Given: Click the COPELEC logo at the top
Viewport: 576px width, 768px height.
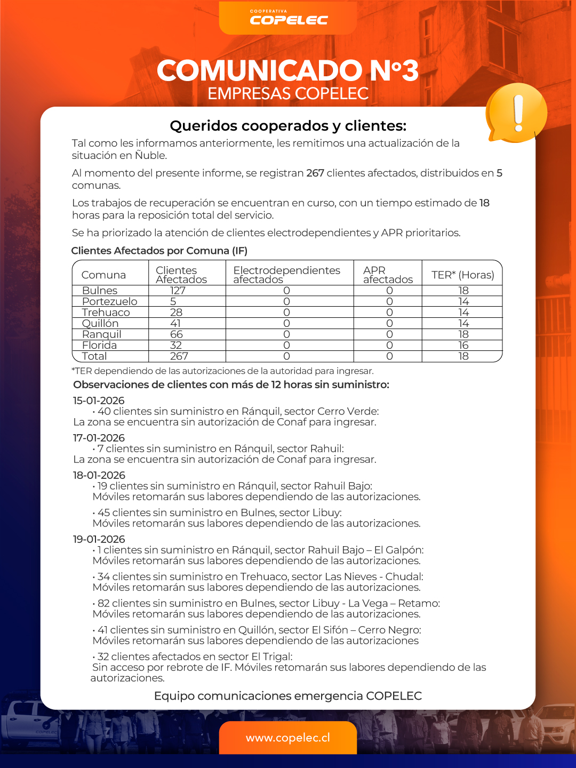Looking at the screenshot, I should click(288, 18).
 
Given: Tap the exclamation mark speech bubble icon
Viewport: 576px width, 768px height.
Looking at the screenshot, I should click(516, 113).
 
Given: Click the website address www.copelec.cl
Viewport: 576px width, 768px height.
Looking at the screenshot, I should click(288, 738).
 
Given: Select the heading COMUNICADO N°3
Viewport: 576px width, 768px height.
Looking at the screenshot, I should click(288, 70).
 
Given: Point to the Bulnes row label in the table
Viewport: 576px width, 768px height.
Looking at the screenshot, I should click(100, 291).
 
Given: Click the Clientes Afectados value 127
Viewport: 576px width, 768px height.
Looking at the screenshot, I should click(178, 291).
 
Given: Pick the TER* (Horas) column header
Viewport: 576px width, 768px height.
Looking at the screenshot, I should click(462, 275).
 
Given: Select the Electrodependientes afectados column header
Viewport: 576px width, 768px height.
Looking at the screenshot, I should click(286, 275).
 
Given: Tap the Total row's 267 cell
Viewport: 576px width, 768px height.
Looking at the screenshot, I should click(179, 356).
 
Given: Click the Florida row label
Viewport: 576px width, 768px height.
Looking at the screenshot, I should click(99, 345).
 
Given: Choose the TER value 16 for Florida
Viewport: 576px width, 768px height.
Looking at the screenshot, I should click(463, 345).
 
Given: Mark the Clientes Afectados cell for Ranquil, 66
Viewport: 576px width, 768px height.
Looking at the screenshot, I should click(177, 334).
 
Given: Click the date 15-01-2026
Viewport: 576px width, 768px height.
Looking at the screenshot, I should click(99, 401).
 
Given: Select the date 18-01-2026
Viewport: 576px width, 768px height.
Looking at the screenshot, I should click(99, 475).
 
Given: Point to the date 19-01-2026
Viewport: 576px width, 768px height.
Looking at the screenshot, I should click(99, 539).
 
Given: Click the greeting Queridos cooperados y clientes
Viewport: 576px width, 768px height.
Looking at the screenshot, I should click(288, 126).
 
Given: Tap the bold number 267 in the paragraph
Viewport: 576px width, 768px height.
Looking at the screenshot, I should click(315, 173).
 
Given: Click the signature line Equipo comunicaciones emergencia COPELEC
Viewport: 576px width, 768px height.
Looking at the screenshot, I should click(288, 696).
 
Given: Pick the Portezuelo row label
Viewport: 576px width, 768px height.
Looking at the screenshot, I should click(109, 301).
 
